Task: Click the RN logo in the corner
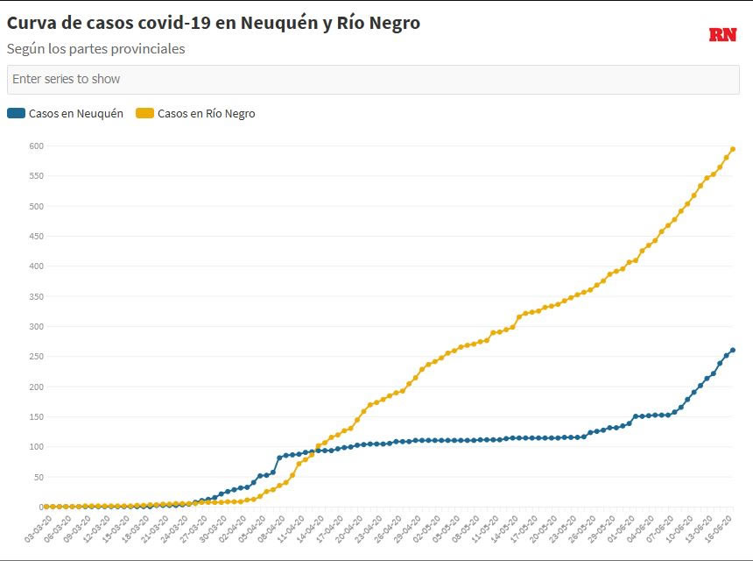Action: click(722, 35)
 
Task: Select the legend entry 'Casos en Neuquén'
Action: click(75, 113)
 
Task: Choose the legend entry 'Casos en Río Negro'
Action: click(206, 113)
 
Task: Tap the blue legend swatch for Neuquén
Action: click(16, 113)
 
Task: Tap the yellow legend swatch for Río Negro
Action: click(144, 113)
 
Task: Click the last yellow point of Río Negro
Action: click(733, 149)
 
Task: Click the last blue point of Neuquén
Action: click(733, 351)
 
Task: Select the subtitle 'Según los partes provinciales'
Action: click(95, 49)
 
